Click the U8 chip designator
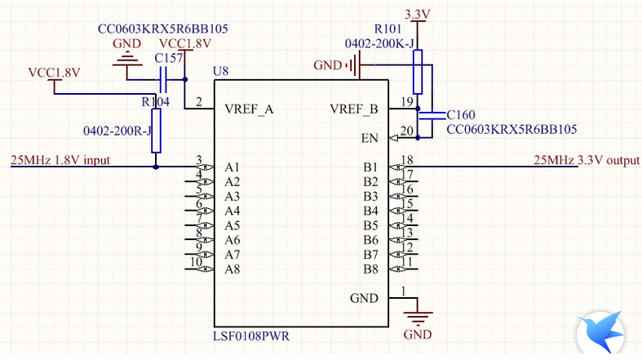pos(219,71)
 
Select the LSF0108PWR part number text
pos(254,336)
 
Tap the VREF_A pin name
pos(248,109)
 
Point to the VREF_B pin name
pos(353,109)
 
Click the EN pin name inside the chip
pos(370,138)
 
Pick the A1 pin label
pos(232,167)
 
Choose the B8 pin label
pos(370,269)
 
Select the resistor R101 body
pos(418,72)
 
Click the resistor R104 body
pos(157,131)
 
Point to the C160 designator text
pos(460,115)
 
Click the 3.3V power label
pos(418,14)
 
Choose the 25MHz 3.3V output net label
pos(586,160)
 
